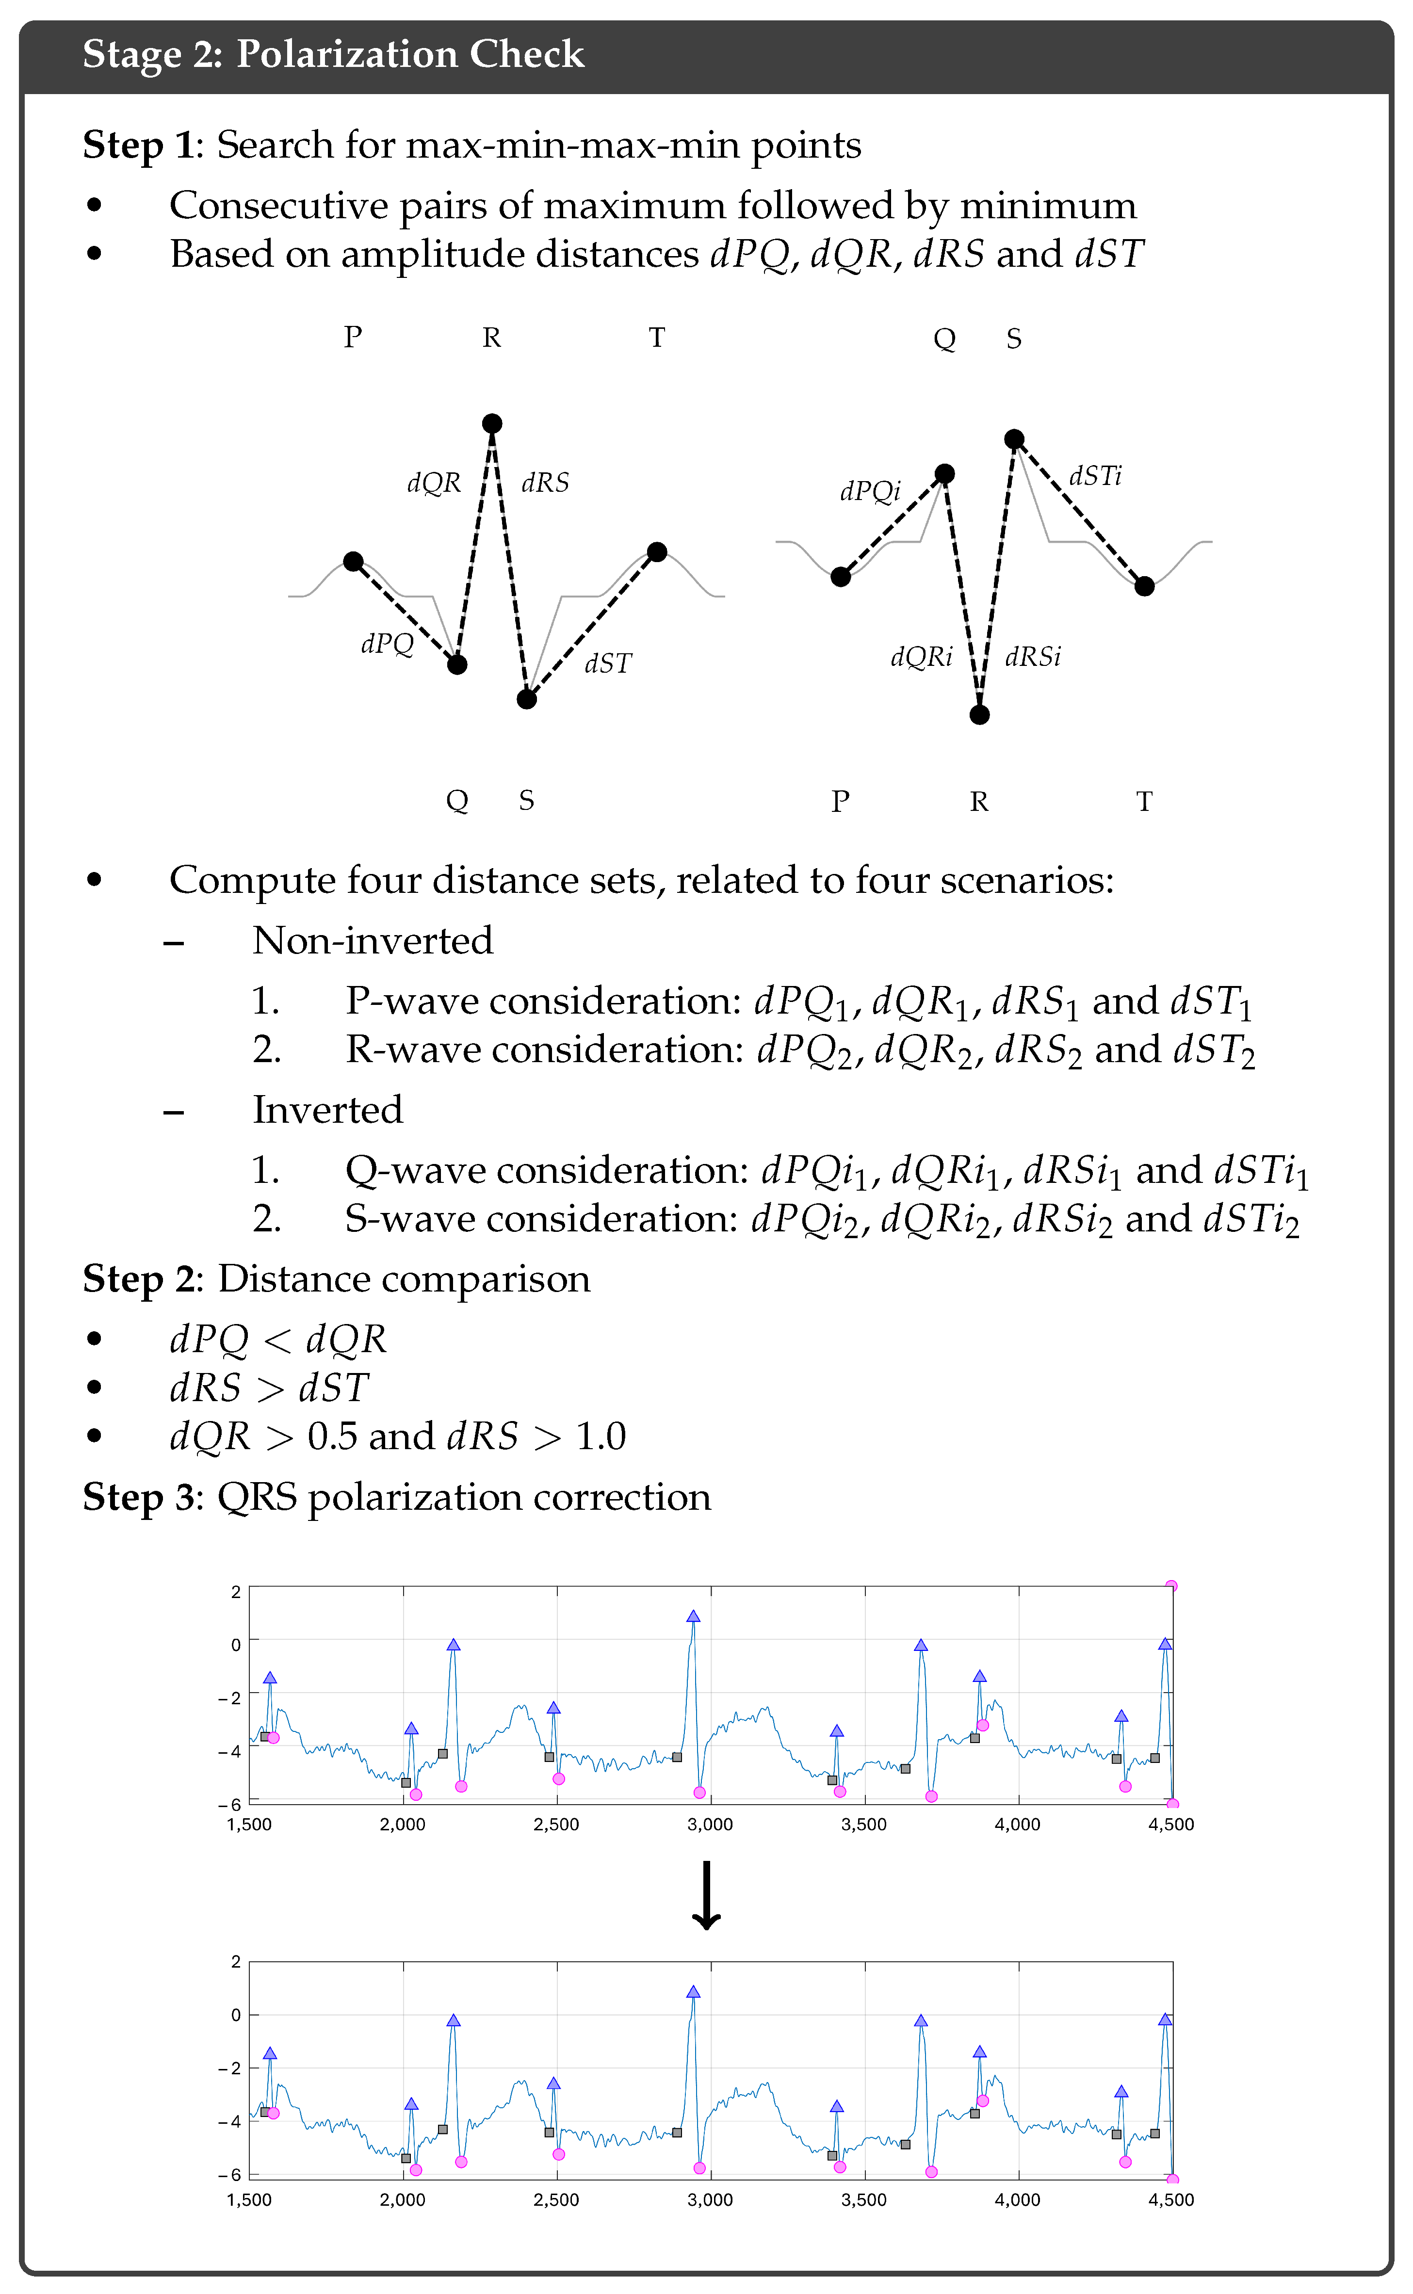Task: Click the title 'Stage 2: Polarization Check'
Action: coord(334,54)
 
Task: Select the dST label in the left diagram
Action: coord(608,663)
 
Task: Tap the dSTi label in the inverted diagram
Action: coord(1095,477)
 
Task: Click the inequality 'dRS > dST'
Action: coord(269,1388)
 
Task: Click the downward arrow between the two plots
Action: coord(706,1895)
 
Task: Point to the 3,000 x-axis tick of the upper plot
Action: coord(710,1824)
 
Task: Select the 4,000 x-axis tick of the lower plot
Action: coord(1018,2199)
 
